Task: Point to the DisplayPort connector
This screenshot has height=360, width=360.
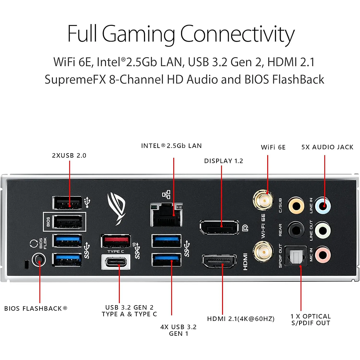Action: (x=218, y=228)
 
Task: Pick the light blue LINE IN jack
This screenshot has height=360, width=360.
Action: (x=323, y=205)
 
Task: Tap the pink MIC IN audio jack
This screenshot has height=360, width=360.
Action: (x=323, y=254)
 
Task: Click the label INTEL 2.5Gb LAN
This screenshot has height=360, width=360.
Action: (x=171, y=146)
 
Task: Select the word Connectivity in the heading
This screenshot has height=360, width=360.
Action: (x=237, y=35)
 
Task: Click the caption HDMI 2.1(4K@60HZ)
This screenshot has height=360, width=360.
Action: (x=241, y=319)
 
